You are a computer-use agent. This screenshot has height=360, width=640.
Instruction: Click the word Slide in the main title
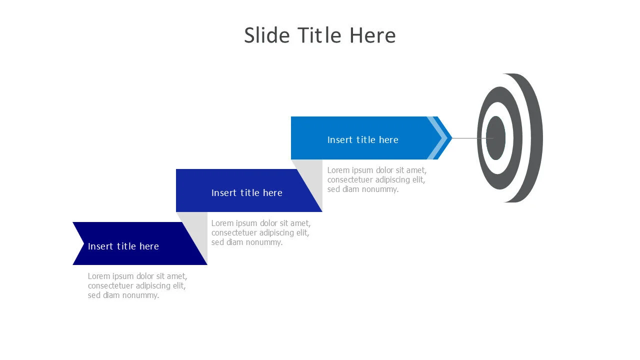(x=267, y=35)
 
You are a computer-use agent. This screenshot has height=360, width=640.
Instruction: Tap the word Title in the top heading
(x=319, y=35)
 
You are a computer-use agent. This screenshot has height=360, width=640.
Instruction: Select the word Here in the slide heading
(x=372, y=35)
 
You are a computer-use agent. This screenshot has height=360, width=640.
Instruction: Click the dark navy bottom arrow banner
(x=140, y=243)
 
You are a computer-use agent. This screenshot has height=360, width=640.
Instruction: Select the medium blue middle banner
(x=245, y=190)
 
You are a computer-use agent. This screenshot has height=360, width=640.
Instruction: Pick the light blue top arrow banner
(x=368, y=138)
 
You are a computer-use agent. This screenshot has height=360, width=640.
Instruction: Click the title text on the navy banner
(x=123, y=246)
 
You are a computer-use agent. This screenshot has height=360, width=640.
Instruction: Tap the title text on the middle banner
(x=247, y=193)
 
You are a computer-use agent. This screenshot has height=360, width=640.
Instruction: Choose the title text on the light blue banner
(x=363, y=139)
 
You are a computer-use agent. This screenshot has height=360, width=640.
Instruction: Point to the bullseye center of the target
(x=495, y=138)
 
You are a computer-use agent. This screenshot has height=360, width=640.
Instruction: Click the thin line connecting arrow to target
(x=473, y=138)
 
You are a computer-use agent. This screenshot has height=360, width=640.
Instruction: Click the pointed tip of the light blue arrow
(x=452, y=138)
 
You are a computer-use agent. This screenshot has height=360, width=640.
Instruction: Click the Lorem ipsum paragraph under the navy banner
(x=137, y=285)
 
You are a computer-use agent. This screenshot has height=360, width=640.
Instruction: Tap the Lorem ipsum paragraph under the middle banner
(x=261, y=232)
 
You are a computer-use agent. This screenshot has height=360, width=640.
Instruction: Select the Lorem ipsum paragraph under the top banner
(x=377, y=179)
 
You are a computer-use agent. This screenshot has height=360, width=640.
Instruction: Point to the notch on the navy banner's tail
(x=83, y=243)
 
